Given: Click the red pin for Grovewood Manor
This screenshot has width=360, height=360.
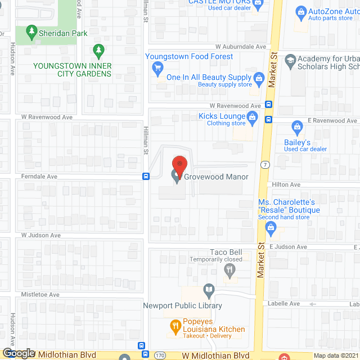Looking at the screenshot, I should click(x=179, y=165).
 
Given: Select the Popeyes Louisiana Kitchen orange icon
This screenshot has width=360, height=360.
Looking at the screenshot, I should click(x=175, y=325).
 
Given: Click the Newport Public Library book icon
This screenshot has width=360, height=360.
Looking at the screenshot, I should click(x=209, y=291).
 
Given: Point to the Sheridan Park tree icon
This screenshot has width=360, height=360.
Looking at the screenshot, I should click(x=32, y=33).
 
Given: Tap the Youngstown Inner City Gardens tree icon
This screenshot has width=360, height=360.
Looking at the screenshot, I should click(x=99, y=51).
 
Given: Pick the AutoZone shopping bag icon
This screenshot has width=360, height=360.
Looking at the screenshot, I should click(x=301, y=11).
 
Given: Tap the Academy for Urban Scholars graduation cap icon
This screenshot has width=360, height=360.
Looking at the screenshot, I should click(x=290, y=60).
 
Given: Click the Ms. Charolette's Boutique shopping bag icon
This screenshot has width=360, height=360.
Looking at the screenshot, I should click(x=271, y=227).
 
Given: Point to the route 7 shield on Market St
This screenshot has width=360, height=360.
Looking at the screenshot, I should click(x=265, y=164).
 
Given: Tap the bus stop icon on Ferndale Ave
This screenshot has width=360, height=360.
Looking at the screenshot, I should click(x=146, y=176).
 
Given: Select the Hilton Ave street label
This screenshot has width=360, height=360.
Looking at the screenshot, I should click(x=286, y=184).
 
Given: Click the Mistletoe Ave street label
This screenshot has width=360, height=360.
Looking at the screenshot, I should click(x=40, y=294).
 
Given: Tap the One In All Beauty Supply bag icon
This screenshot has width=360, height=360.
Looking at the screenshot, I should click(x=259, y=77).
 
